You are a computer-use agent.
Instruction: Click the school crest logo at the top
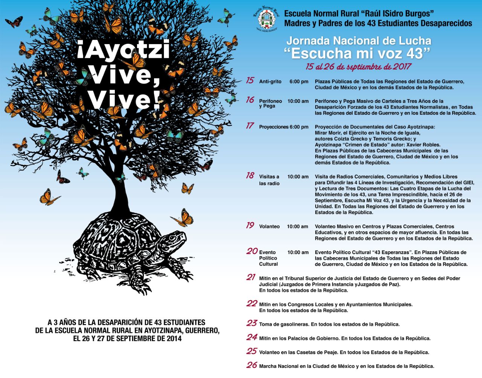tap(267, 19)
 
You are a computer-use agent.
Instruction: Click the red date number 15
tap(250, 81)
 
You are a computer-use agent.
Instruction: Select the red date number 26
tap(252, 365)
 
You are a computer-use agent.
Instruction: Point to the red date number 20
tap(252, 251)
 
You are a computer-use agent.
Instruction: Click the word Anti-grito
tap(270, 81)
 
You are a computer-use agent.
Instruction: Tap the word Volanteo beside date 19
tap(269, 227)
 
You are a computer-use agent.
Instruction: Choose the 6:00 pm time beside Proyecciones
tap(299, 127)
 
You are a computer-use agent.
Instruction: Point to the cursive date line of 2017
tap(358, 67)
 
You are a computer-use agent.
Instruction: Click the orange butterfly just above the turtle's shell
tap(183, 218)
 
